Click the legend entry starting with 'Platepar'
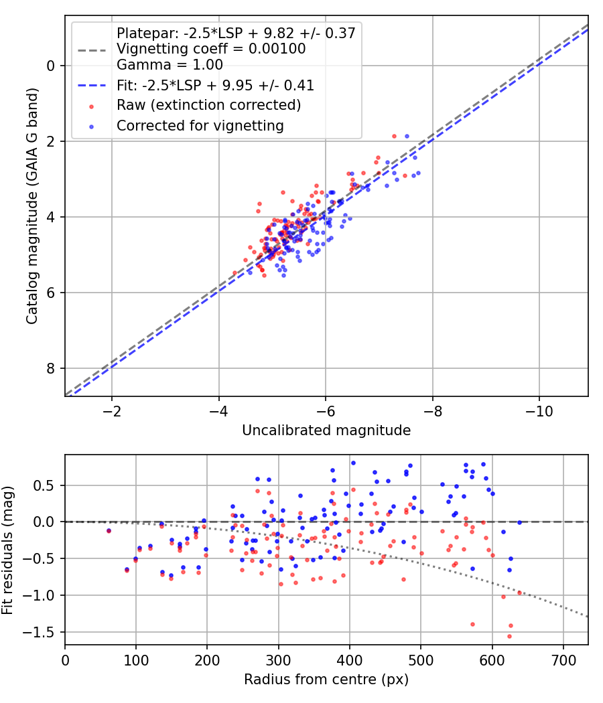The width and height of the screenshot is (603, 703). (235, 33)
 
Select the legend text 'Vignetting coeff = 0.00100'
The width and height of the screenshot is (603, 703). (211, 49)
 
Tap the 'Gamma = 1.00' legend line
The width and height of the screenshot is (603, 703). (170, 65)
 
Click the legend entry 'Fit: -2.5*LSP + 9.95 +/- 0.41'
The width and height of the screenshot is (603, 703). (215, 86)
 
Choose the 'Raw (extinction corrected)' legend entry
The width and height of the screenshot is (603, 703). (208, 105)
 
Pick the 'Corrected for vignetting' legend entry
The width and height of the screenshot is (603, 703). (200, 125)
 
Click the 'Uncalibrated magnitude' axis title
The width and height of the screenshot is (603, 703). (326, 431)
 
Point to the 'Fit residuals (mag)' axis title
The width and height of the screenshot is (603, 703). (8, 550)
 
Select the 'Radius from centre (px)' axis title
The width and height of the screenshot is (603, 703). (326, 680)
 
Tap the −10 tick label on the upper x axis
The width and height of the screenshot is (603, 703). (539, 410)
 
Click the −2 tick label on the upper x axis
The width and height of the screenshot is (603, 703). (112, 410)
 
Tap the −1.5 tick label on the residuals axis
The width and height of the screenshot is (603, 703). (42, 632)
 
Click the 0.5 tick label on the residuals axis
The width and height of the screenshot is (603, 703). (46, 485)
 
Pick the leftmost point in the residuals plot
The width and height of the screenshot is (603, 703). (109, 531)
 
